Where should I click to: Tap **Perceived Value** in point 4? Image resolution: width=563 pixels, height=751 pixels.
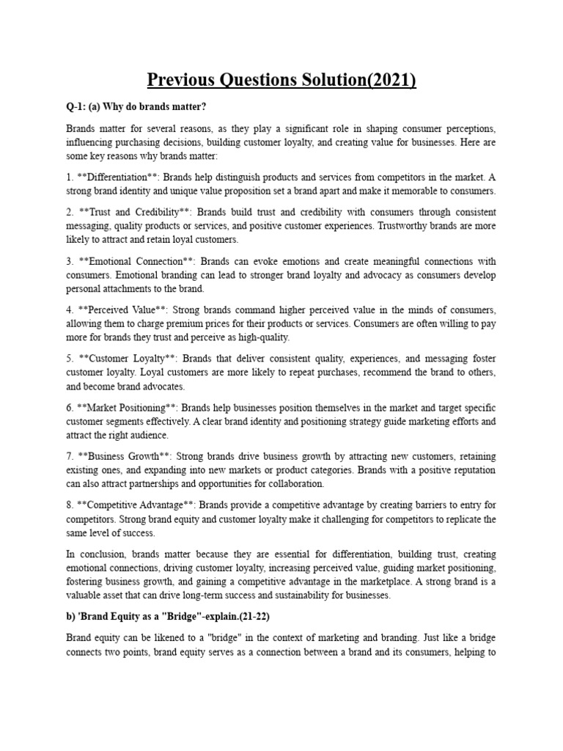pos(123,310)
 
